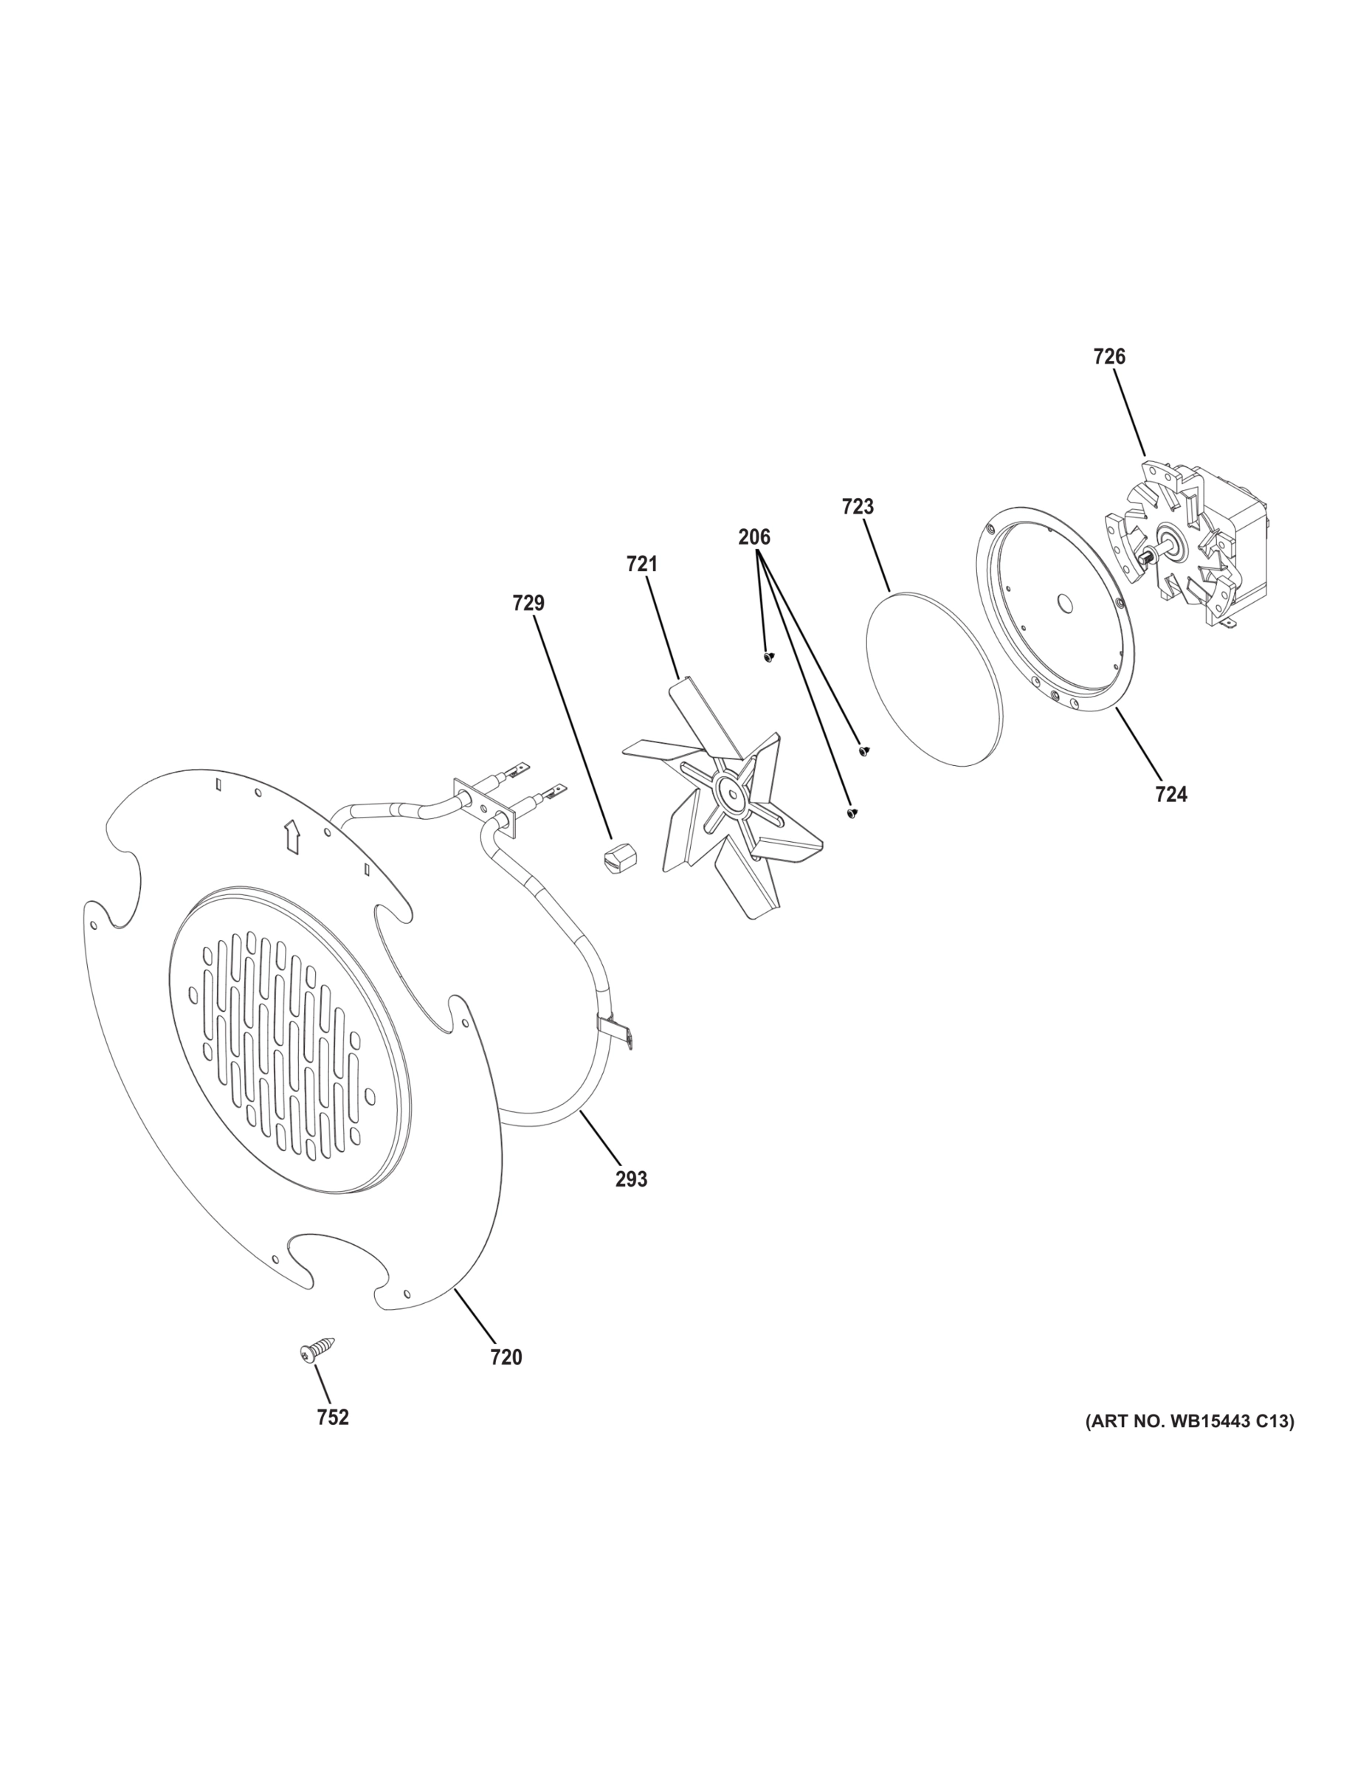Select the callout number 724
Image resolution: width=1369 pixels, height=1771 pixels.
pos(1171,795)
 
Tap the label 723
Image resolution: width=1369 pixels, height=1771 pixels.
pos(858,507)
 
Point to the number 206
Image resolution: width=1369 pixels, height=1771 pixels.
pos(754,536)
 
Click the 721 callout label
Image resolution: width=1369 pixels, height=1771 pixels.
pos(641,564)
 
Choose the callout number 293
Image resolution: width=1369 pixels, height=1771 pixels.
pos(631,1179)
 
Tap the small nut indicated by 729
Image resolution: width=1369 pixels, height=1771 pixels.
pos(621,856)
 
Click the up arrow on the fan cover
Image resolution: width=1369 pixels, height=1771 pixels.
pos(292,836)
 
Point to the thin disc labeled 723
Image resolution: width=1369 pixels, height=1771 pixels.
pos(934,678)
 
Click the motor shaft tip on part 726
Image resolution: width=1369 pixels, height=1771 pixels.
pos(1146,558)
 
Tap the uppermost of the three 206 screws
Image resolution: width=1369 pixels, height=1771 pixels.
pos(768,656)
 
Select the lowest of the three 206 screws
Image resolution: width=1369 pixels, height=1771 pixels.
pos(852,812)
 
